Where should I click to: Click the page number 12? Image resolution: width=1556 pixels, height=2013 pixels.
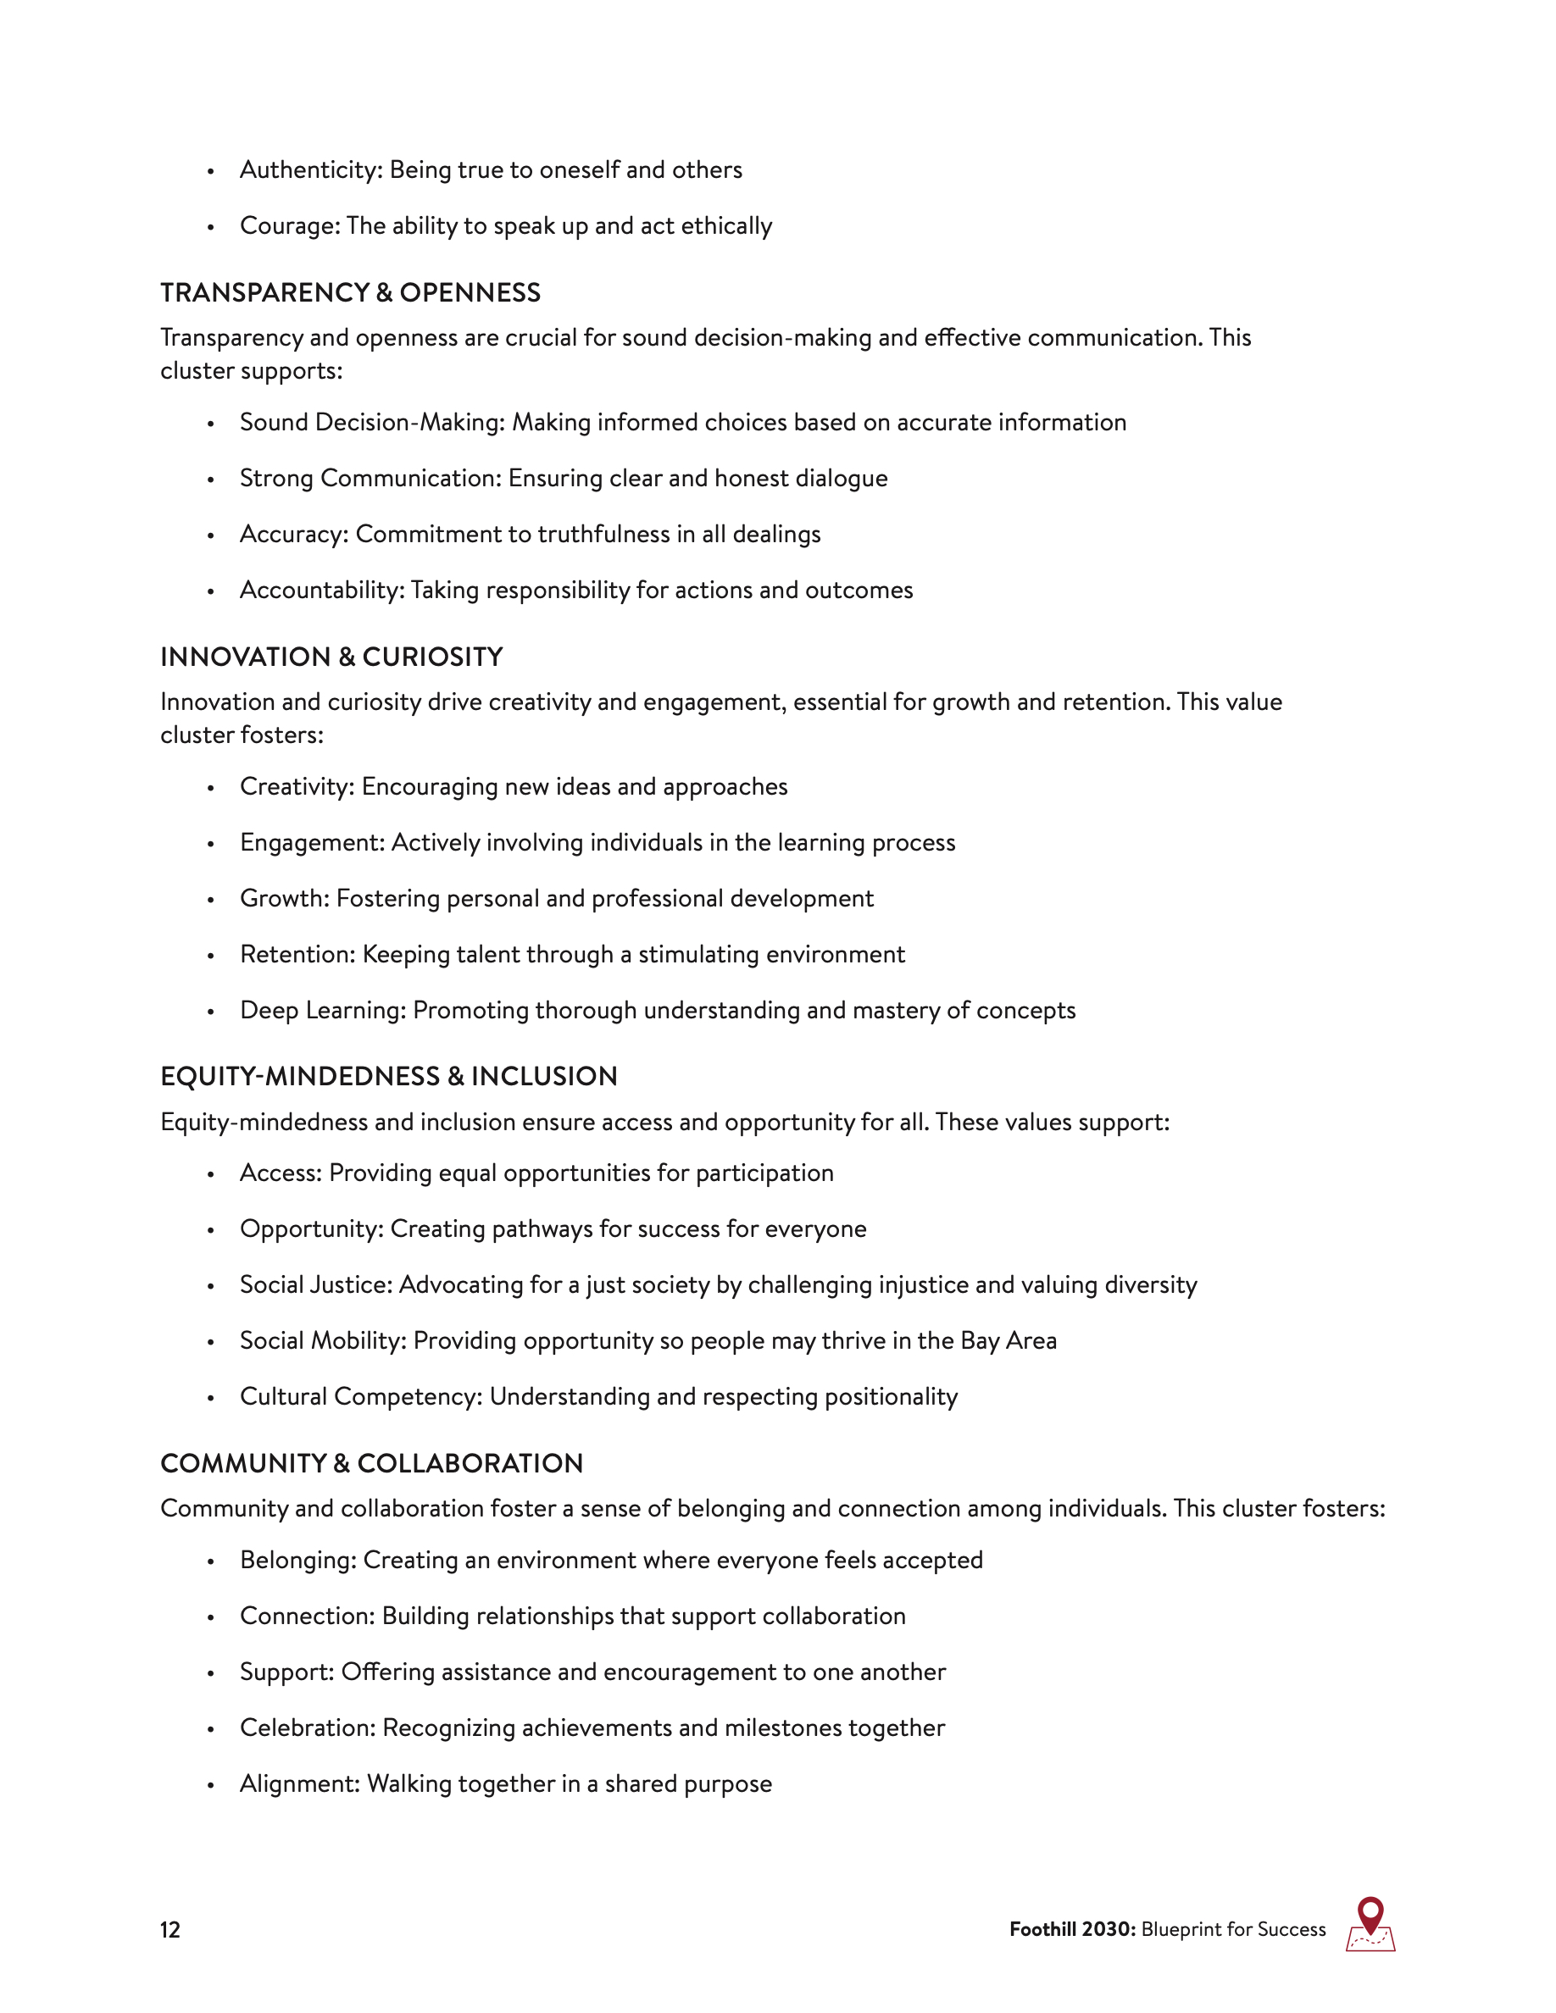170,1929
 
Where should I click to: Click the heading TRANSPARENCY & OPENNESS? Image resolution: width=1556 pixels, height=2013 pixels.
350,292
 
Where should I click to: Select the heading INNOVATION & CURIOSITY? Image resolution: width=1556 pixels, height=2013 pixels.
332,657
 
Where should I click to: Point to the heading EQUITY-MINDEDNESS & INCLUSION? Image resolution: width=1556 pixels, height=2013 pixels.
389,1076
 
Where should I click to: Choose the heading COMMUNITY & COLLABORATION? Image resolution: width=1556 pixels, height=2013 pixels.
371,1463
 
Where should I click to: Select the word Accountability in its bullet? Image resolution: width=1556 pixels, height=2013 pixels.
321,590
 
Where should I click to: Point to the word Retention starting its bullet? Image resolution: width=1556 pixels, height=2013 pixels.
297,954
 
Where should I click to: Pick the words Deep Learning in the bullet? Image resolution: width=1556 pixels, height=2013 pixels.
322,1010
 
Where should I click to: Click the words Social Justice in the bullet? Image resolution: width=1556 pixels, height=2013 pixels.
315,1285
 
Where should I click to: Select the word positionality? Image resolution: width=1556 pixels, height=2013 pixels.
892,1396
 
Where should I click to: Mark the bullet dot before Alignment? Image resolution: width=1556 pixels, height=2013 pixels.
211,1785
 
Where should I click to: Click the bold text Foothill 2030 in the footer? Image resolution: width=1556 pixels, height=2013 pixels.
1072,1929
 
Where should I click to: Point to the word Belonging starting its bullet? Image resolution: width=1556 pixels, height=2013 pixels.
297,1560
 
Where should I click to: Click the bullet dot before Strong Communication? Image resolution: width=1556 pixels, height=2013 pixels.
211,480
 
